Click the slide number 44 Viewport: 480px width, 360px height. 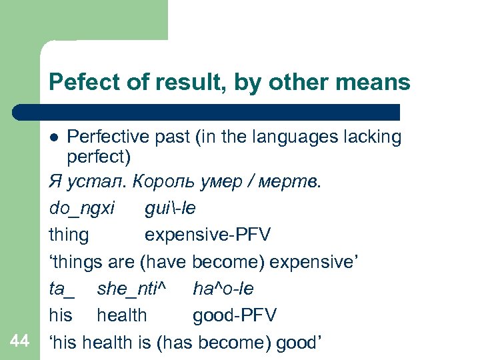click(20, 341)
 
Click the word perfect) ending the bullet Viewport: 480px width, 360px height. click(99, 159)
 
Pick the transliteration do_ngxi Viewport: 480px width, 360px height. click(81, 209)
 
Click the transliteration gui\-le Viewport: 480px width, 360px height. click(170, 209)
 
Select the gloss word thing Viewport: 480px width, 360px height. click(68, 235)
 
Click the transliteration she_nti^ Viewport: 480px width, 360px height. click(131, 289)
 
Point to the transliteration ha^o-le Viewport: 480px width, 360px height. click(223, 289)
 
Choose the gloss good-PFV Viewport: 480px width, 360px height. click(235, 315)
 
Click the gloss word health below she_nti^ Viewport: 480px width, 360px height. click(122, 315)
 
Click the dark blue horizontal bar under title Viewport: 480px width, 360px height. click(207, 112)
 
